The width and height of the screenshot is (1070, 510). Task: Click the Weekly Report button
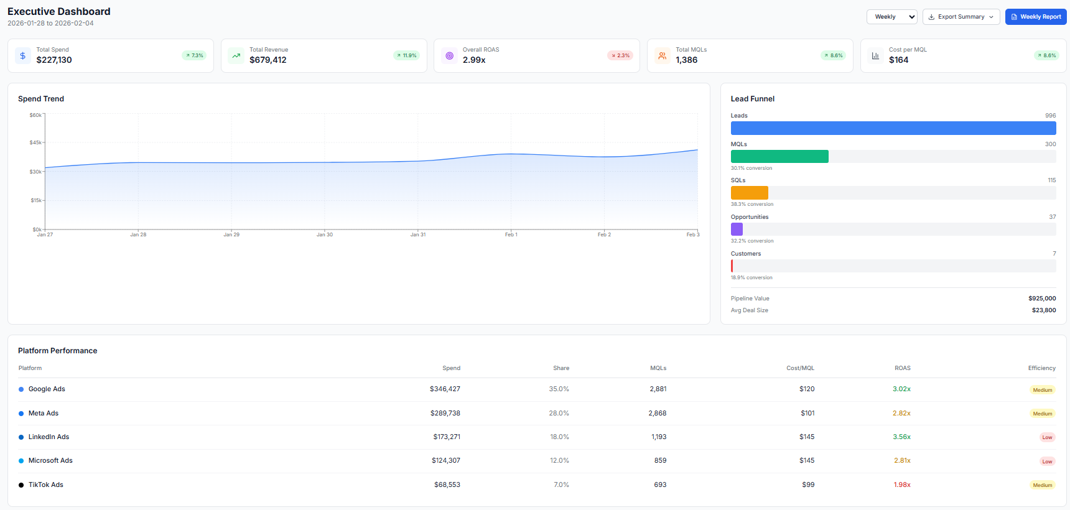pos(1036,17)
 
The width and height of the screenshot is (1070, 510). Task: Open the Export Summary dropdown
pos(961,17)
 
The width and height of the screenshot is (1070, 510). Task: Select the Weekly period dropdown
pos(891,17)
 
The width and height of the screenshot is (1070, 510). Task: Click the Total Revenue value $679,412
pos(268,60)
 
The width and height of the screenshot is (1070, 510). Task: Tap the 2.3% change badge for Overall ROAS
pos(620,55)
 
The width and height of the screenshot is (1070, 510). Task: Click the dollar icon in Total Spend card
pos(23,56)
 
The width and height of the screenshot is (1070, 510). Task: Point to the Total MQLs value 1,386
pos(687,60)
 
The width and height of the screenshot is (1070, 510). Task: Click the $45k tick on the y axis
pos(36,143)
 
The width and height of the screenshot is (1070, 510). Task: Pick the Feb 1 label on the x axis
pos(511,235)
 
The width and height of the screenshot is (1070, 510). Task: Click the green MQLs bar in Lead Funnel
pos(779,157)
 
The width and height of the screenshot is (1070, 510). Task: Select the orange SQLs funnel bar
pos(750,193)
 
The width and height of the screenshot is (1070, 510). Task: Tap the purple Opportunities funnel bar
pos(737,229)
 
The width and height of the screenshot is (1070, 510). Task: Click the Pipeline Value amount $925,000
pos(1042,299)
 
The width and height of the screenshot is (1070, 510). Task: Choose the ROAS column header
pos(902,368)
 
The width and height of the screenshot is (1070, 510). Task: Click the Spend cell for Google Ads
pos(445,389)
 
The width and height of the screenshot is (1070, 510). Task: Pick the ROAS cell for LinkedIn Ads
pos(901,437)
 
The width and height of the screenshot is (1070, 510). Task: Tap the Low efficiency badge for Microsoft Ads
pos(1047,461)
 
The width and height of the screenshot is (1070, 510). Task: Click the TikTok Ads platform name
pos(46,485)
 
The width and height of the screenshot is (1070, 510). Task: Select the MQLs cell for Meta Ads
pos(657,414)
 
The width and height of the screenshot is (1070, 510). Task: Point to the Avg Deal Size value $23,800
pos(1044,310)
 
